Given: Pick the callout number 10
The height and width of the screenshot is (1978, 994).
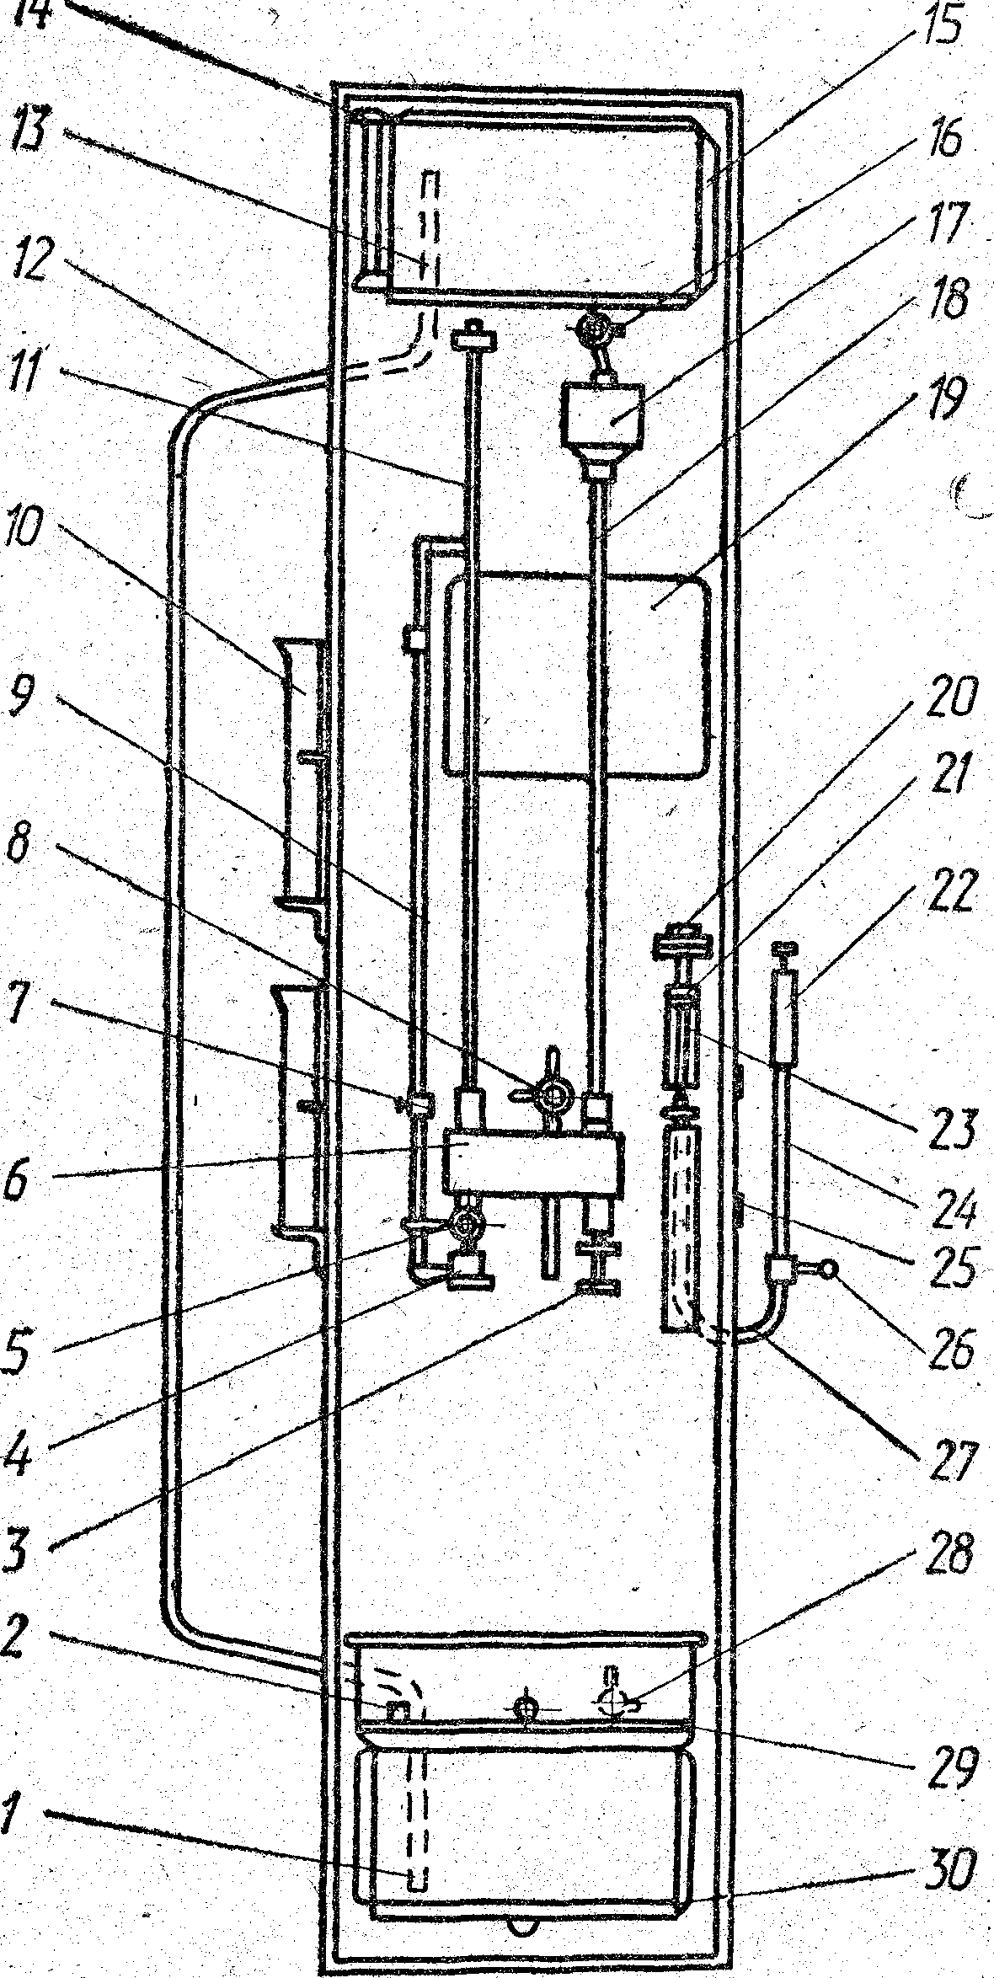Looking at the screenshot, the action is [x=29, y=549].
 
